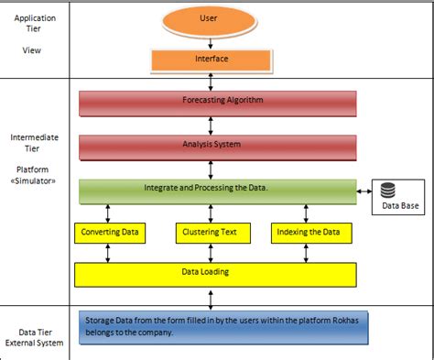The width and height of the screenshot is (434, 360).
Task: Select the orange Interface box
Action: (211, 60)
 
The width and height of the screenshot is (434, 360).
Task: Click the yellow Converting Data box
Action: (110, 233)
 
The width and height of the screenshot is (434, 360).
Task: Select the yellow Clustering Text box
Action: (212, 233)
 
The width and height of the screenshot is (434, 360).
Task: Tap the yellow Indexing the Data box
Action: (313, 233)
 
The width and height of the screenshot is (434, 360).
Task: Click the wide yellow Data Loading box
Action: (213, 273)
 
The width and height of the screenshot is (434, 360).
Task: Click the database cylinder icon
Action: (387, 191)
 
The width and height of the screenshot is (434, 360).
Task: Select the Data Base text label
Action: (397, 207)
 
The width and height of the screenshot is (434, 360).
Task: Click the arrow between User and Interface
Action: (211, 39)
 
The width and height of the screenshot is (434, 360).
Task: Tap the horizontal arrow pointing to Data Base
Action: (363, 191)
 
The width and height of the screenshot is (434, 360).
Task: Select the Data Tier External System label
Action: (37, 337)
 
